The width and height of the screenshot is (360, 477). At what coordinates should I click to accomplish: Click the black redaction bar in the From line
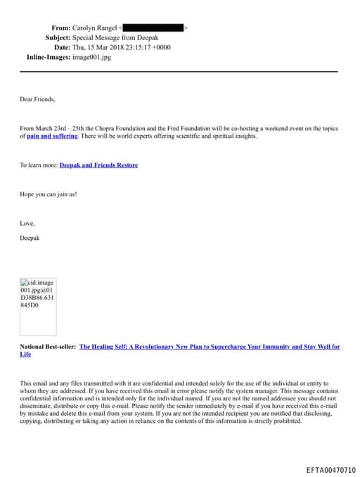(154, 27)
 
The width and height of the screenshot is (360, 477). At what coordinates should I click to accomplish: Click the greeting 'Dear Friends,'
(37, 99)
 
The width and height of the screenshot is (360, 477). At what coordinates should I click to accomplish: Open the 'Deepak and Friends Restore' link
(98, 165)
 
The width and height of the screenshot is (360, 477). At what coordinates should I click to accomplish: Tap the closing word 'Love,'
(27, 223)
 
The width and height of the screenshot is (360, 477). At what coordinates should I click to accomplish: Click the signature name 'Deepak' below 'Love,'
(30, 238)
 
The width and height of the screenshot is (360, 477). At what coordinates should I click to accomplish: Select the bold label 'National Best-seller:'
(48, 347)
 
